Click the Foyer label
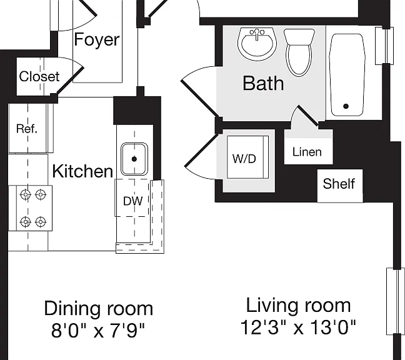tap(97, 40)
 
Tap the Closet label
tap(39, 76)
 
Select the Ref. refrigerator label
tap(27, 128)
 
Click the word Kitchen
tap(82, 171)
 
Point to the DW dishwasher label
tap(132, 201)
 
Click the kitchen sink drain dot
tap(134, 159)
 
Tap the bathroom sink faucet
tap(257, 34)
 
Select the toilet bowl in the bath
tap(299, 60)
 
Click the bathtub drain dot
tap(346, 106)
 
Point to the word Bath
tap(263, 83)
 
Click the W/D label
tap(244, 159)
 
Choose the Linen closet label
tap(307, 152)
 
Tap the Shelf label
tap(339, 184)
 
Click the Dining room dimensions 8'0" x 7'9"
tap(98, 330)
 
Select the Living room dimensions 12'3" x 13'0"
tap(298, 327)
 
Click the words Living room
tap(298, 306)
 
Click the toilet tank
tap(299, 37)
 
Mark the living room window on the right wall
tap(396, 301)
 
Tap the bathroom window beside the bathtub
tap(384, 46)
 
